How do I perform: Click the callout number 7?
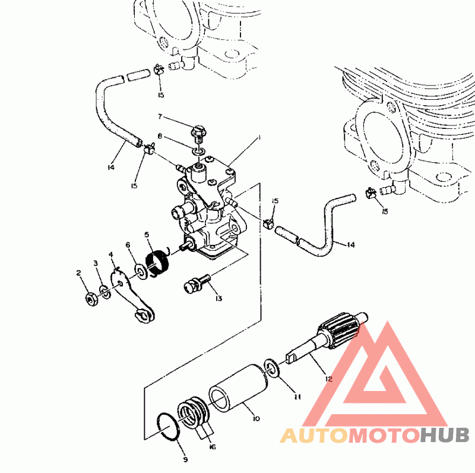(160, 116)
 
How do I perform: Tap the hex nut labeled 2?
(91, 299)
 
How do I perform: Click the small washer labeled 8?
(199, 150)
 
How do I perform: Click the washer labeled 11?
(271, 368)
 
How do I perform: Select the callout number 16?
(213, 447)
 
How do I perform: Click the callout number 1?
(259, 138)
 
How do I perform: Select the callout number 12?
(328, 379)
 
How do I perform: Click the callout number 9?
(186, 460)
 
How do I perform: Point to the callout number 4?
(111, 255)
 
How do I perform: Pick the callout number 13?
(218, 298)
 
